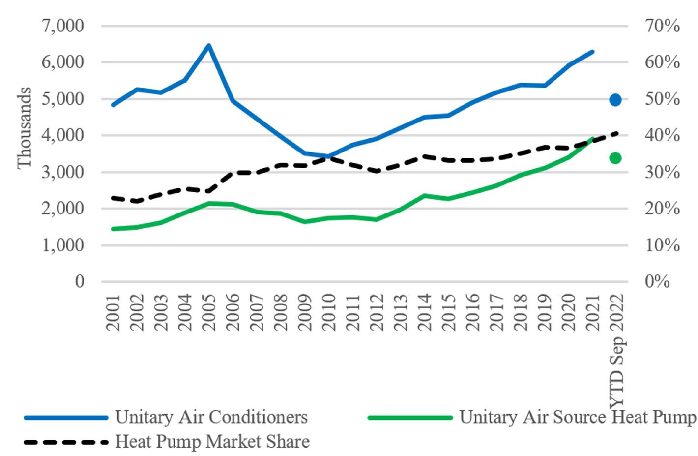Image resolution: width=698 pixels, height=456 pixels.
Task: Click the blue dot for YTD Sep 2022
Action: coord(615,100)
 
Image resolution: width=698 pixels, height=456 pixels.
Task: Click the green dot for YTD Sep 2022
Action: coord(615,158)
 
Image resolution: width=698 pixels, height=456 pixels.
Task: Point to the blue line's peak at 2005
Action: coord(209,46)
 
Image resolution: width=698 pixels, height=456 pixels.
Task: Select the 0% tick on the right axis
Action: coord(657,282)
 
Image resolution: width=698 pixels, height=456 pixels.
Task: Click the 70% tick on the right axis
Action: coord(662,26)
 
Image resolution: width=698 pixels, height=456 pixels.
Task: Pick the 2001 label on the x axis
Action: coord(113,312)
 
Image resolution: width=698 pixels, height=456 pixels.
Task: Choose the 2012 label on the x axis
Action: coord(377,312)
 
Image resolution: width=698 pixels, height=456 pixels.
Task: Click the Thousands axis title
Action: coord(25,128)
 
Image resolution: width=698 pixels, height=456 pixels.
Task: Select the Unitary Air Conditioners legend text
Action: coord(211,417)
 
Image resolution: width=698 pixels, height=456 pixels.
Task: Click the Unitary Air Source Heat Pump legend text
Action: coord(578,417)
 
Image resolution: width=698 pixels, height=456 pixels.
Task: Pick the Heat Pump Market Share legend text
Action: coord(212,441)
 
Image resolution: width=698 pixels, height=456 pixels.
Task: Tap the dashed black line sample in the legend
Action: coord(66,442)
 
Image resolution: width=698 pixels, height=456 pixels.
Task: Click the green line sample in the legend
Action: coord(410,418)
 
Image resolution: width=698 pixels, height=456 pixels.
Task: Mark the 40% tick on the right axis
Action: coord(662,135)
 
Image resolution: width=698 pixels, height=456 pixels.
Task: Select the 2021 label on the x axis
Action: coord(593,312)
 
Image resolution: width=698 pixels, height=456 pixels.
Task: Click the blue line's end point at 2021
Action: coord(593,51)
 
